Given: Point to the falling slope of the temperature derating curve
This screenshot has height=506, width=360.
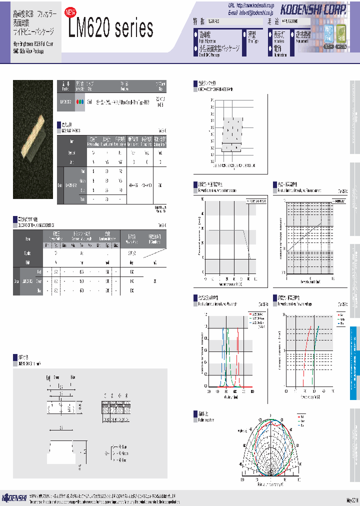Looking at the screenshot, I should (247, 245).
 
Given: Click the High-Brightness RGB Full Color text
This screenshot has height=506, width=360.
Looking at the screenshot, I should (33, 44).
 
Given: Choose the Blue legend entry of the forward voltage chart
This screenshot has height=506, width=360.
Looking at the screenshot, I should (328, 323).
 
